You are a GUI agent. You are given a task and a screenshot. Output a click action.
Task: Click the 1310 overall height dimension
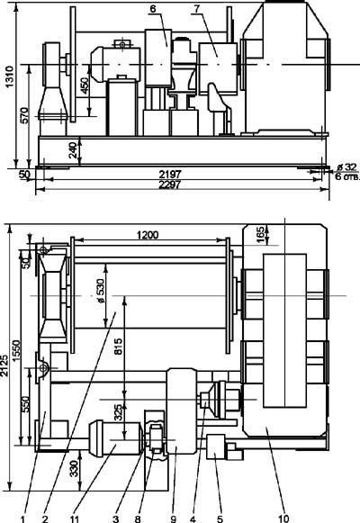click(9, 77)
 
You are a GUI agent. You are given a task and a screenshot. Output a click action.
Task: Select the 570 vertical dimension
click(24, 115)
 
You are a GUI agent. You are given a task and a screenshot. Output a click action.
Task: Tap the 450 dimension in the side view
click(85, 86)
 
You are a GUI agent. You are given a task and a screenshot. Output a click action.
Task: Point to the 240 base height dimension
click(74, 149)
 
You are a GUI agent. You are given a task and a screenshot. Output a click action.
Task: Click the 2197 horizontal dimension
click(170, 174)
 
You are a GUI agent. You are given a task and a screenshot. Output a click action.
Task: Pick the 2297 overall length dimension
click(170, 185)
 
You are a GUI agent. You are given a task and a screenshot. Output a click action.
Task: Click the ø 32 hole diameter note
click(346, 167)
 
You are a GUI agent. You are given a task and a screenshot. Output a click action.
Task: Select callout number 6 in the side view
click(153, 9)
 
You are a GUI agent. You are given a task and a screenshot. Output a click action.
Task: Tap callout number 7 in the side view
click(197, 9)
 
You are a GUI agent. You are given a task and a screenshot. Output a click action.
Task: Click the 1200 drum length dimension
click(148, 235)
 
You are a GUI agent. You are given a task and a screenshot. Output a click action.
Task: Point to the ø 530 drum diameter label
click(101, 291)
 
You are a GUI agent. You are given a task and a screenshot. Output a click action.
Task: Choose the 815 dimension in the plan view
click(119, 346)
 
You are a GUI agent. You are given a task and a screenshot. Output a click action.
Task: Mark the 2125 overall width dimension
click(4, 365)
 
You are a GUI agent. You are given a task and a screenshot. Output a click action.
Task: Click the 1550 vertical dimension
click(16, 350)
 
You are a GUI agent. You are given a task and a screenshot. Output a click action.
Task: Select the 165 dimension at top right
click(261, 234)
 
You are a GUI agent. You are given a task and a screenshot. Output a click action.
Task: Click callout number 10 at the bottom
click(283, 518)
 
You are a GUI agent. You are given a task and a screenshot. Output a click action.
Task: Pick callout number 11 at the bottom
click(75, 518)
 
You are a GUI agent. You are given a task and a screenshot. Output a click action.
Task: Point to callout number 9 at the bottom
click(174, 518)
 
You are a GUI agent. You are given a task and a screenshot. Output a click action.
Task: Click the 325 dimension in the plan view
click(119, 412)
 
